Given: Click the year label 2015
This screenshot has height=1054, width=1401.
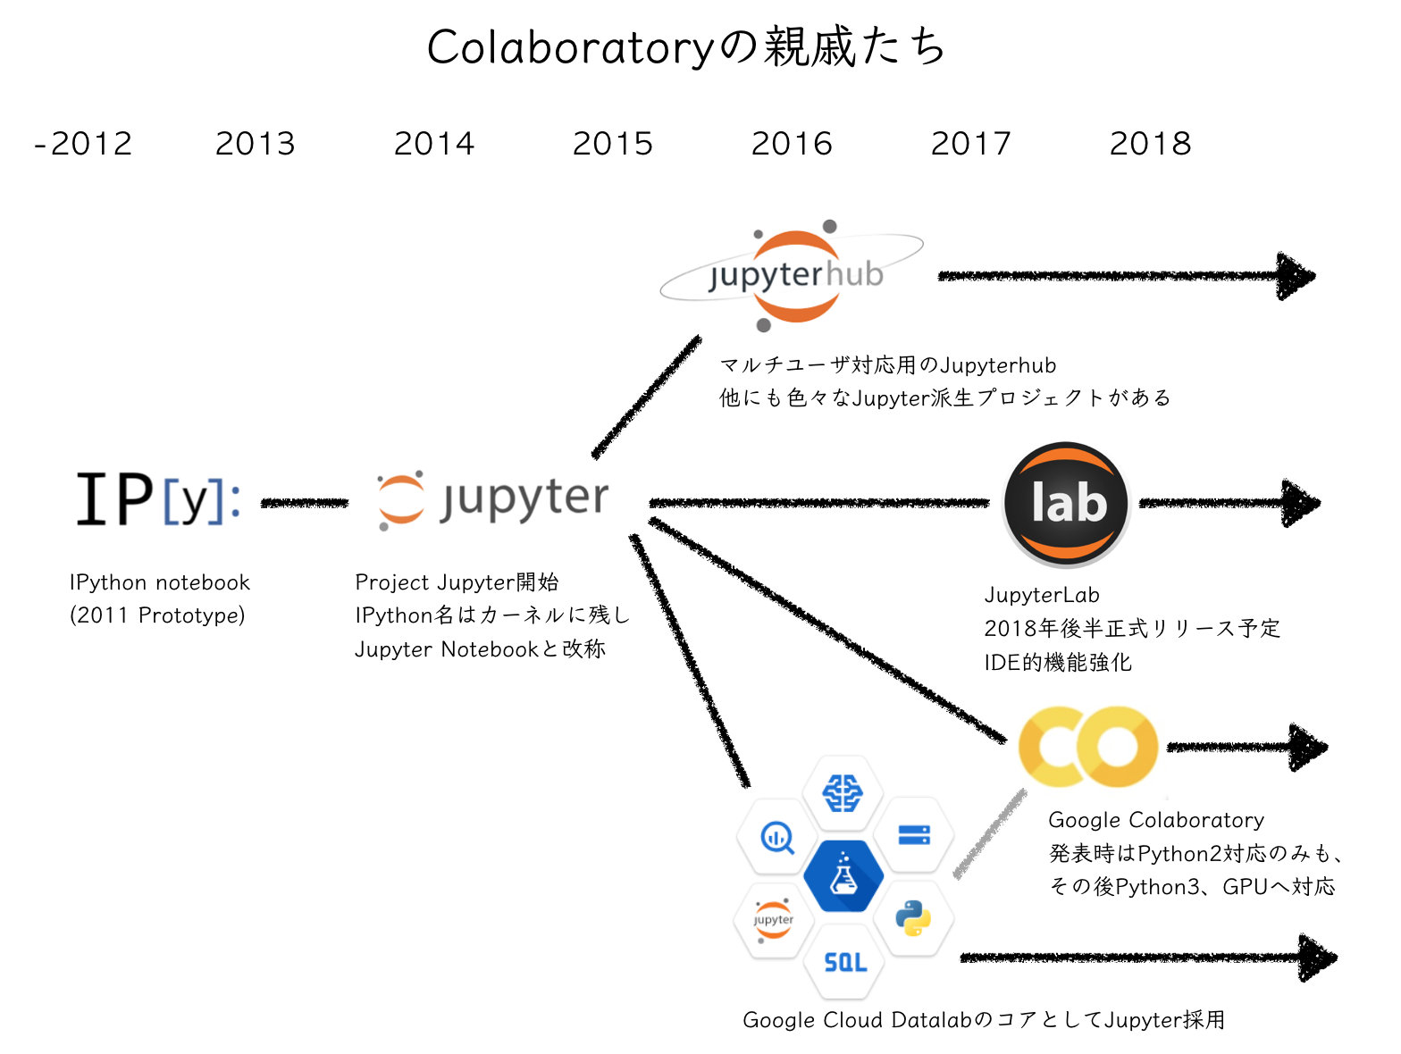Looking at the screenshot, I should point(613,144).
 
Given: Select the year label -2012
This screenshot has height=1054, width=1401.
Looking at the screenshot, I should point(83,144).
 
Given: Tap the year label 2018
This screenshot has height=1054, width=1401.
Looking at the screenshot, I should point(1150,144).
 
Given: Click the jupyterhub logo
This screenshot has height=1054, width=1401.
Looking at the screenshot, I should point(793,274).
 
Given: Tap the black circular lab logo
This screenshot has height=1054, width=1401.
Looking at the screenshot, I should point(1067,503).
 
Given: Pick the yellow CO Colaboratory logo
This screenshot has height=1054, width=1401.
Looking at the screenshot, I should point(1088,747).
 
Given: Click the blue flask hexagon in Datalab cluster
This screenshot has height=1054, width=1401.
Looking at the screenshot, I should point(843,875).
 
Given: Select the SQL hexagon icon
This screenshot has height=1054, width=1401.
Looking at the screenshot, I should point(844,961).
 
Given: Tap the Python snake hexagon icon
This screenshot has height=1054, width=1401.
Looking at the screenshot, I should point(913,918).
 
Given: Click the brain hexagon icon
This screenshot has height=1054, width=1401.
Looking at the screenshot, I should point(843,791).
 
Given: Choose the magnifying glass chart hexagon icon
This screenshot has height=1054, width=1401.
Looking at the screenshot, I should point(776,838).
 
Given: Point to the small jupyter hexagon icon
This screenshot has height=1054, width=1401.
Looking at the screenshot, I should point(773,920).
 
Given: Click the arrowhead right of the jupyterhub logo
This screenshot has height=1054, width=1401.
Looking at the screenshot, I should point(1296,276).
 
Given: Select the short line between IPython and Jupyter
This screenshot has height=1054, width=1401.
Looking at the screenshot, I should point(304,504).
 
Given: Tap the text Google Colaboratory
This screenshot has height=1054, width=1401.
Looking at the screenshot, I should point(1156,820).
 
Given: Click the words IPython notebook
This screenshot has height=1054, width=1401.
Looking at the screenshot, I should point(160,582).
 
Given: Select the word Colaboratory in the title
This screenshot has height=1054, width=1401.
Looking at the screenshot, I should point(570,47).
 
